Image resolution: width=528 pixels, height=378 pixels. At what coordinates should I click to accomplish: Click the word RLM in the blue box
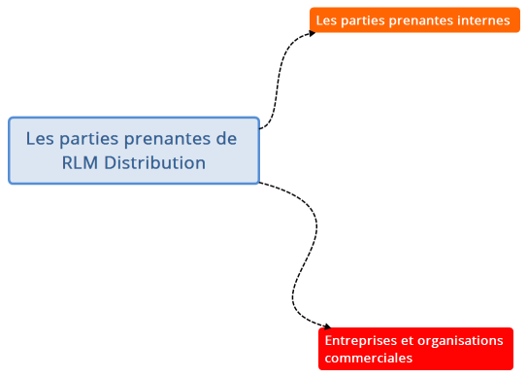coord(80,162)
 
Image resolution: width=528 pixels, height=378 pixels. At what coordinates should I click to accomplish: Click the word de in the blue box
coord(226,139)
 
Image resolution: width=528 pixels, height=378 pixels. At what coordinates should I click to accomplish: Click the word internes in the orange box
coord(483,20)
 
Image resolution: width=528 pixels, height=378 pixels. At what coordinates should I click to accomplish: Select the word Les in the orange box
coord(326,20)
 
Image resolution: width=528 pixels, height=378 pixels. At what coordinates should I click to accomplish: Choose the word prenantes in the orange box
coord(420,20)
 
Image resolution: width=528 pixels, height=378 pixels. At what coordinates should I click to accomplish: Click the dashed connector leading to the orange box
coord(280,78)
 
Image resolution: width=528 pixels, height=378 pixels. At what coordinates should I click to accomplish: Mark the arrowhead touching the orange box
coord(311,33)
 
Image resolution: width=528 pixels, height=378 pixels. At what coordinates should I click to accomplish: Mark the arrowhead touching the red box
coord(327,327)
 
